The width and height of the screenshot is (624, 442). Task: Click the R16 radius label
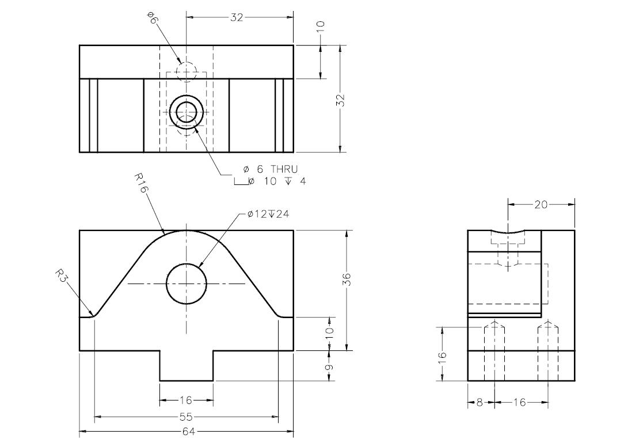[x=141, y=183]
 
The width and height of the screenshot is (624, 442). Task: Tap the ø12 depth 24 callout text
[x=268, y=214]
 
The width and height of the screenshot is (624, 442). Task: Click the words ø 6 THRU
[x=271, y=169]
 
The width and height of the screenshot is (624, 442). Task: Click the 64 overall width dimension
[x=187, y=431]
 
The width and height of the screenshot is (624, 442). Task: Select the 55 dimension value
[x=187, y=417]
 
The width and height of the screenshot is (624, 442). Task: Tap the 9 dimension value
[x=329, y=367]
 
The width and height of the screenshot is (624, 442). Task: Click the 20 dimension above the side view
[x=541, y=205]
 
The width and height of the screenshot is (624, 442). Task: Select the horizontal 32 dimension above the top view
[x=237, y=17]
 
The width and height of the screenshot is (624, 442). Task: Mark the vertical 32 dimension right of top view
[x=340, y=100]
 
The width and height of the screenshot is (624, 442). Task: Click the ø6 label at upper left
[x=152, y=18]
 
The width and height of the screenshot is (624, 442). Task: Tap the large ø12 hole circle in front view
[x=187, y=284]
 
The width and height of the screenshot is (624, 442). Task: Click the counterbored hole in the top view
[x=187, y=112]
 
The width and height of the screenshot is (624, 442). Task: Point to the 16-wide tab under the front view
[x=187, y=366]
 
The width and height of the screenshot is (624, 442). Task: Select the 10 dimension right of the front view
[x=329, y=333]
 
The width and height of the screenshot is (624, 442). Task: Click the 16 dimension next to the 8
[x=520, y=403]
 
